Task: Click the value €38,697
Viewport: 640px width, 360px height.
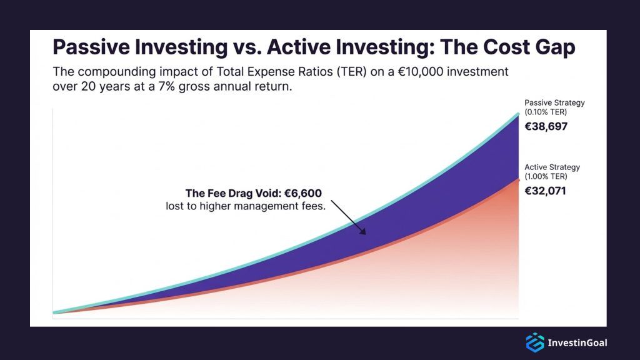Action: tap(546, 126)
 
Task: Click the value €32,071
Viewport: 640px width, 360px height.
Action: tap(545, 191)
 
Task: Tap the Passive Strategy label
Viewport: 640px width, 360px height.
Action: tap(554, 102)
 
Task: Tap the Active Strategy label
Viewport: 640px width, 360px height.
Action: tap(552, 167)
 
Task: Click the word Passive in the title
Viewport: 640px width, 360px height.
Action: tap(89, 47)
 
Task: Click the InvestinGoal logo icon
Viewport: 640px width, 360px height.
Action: tap(535, 342)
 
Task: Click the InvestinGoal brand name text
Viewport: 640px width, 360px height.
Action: tap(577, 342)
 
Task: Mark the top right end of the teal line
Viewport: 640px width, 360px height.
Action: tap(519, 114)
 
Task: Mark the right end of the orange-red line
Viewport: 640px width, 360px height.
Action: tap(519, 179)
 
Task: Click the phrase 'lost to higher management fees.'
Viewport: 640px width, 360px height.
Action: tap(246, 206)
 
